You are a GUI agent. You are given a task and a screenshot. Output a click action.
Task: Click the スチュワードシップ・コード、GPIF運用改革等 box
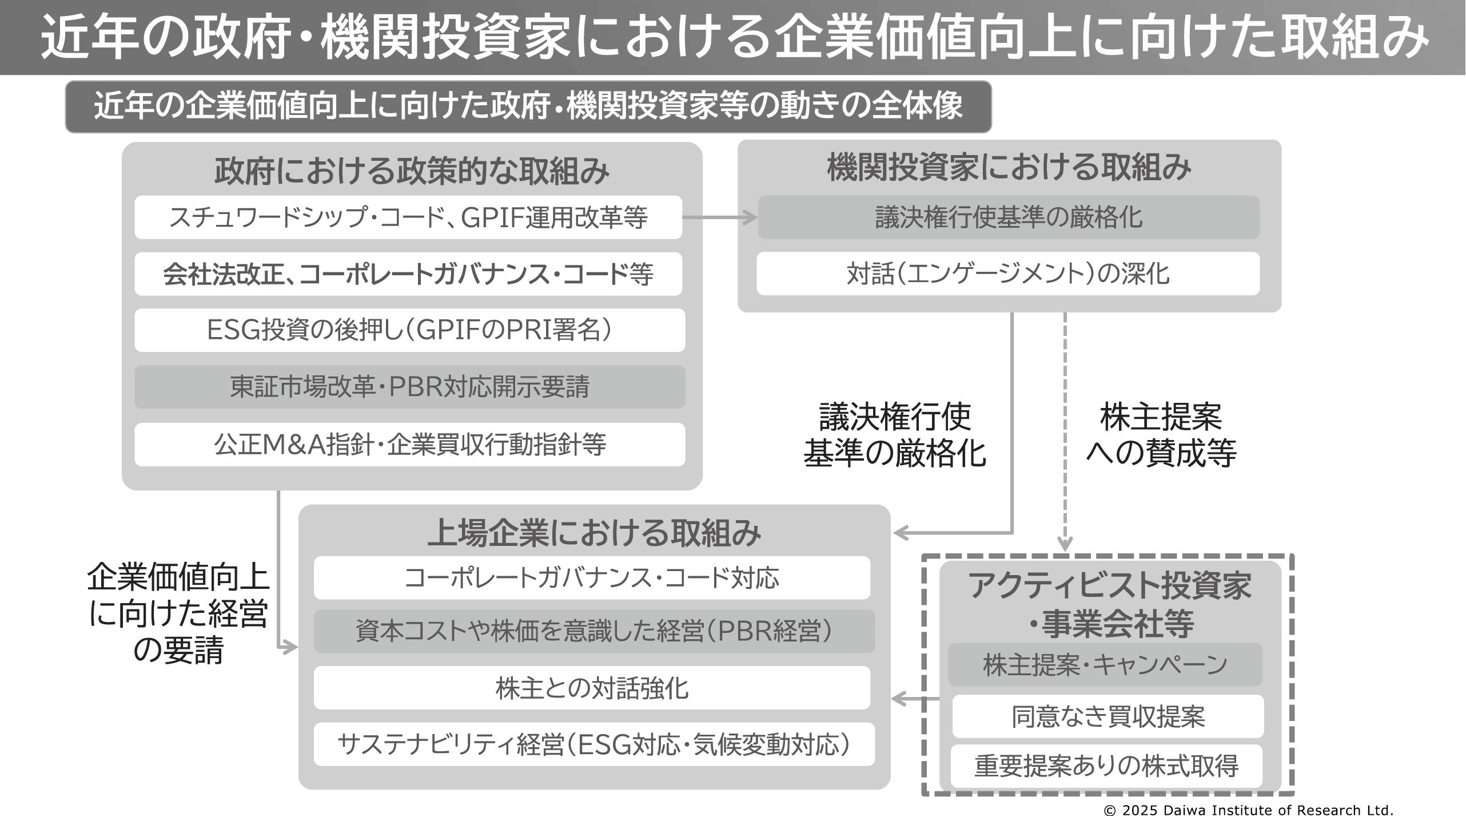tap(408, 217)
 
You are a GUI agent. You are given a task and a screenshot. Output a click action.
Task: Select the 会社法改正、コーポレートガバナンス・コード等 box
tap(408, 274)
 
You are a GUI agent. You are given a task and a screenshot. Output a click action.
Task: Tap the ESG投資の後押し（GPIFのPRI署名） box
tap(409, 330)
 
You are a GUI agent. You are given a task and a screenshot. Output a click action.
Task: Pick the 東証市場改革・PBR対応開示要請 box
tap(409, 387)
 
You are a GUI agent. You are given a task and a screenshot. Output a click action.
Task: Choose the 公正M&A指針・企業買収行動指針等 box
tap(409, 445)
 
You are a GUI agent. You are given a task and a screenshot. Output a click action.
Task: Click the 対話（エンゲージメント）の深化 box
tap(1008, 274)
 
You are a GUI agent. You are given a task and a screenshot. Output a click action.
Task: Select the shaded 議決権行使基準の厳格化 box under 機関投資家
tap(1008, 217)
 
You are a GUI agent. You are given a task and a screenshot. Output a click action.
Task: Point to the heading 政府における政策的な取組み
tap(412, 171)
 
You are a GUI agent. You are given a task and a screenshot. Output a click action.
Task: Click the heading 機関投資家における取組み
tap(1009, 168)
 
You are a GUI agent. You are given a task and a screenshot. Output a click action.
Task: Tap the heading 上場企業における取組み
tap(594, 533)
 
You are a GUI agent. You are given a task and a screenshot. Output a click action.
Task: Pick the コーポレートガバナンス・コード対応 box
tap(592, 578)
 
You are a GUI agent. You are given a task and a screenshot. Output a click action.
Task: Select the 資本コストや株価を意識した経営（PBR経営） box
tap(594, 631)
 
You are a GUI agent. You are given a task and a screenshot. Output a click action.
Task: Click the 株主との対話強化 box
tap(592, 688)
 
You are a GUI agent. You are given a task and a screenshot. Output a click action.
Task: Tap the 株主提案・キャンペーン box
tap(1105, 665)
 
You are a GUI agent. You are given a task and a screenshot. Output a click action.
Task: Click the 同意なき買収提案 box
tap(1108, 716)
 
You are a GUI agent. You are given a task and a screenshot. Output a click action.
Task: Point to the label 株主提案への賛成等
tap(1161, 435)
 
